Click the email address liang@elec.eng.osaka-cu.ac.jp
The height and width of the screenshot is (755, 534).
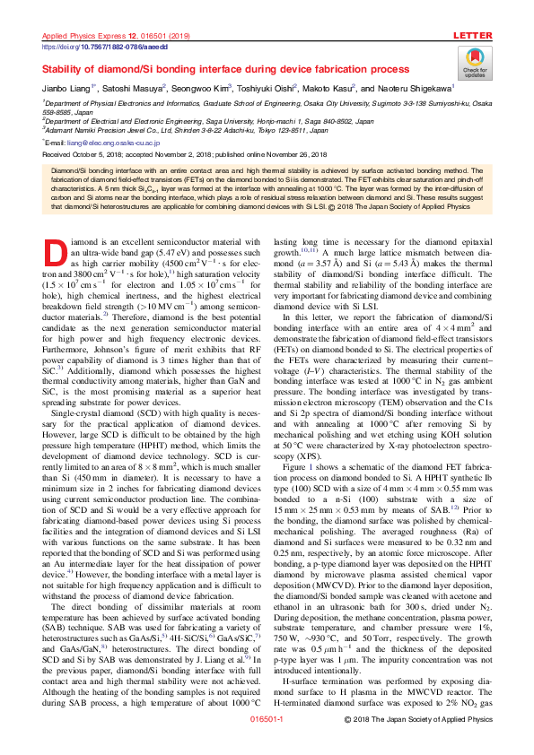(112, 142)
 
